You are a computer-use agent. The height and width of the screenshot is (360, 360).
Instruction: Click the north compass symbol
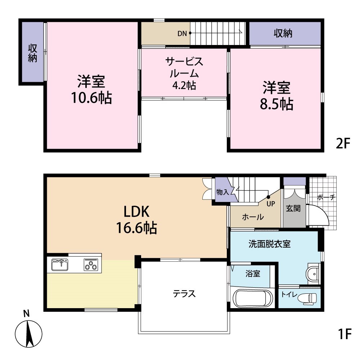pyautogui.click(x=28, y=330)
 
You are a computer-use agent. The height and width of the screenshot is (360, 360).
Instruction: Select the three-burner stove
pyautogui.click(x=91, y=265)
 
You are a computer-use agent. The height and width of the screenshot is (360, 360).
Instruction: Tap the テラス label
pyautogui.click(x=184, y=294)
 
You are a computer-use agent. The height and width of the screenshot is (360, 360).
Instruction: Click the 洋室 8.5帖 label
pyautogui.click(x=276, y=95)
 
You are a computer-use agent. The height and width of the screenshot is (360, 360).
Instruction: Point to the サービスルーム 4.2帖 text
pyautogui.click(x=184, y=73)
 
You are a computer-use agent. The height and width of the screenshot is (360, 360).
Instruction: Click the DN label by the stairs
pyautogui.click(x=182, y=34)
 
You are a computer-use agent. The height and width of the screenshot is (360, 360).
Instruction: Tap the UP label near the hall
pyautogui.click(x=270, y=204)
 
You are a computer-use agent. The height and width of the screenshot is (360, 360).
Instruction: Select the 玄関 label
pyautogui.click(x=293, y=208)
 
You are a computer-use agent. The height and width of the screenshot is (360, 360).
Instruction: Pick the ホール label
pyautogui.click(x=253, y=217)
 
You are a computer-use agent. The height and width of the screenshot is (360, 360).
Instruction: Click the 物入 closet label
pyautogui.click(x=222, y=192)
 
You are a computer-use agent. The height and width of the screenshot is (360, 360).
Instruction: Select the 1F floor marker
pyautogui.click(x=345, y=334)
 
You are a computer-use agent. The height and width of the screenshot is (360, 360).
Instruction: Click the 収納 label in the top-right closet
pyautogui.click(x=283, y=34)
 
